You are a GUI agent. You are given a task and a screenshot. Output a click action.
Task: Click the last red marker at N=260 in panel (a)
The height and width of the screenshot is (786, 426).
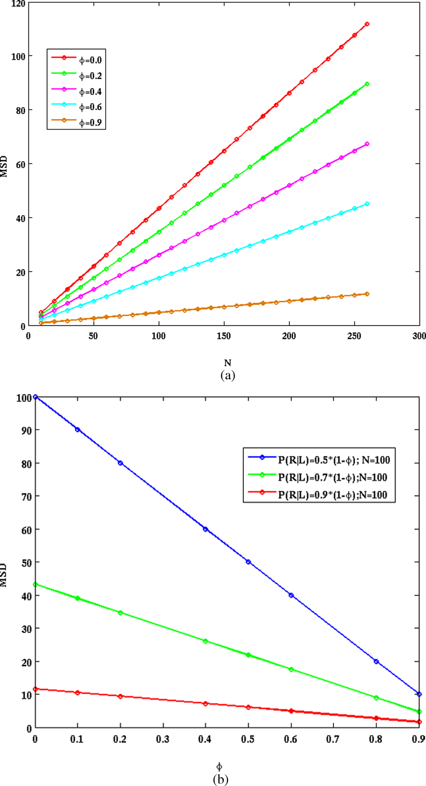[367, 24]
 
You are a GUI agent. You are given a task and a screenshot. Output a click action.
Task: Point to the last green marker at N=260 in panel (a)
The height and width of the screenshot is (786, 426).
[367, 84]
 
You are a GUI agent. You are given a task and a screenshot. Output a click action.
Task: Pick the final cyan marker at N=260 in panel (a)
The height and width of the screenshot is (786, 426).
[367, 204]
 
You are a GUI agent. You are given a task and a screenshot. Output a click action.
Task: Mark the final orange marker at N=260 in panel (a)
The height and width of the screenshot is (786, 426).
[367, 294]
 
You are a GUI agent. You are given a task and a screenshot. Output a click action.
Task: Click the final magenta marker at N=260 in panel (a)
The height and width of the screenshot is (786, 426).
[367, 144]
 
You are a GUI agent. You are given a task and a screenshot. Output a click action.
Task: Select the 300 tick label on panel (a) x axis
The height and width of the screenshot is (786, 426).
[419, 336]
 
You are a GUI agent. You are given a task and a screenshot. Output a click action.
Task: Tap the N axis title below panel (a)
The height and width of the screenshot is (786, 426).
[228, 363]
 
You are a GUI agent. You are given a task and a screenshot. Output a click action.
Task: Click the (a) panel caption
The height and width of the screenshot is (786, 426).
[228, 375]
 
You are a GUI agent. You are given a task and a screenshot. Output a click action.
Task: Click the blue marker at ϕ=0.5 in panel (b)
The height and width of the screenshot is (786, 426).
[248, 562]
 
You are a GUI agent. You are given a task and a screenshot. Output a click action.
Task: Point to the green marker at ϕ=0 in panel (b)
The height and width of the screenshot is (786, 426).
[35, 585]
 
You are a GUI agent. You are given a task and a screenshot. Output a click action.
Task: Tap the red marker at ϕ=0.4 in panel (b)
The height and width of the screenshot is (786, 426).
[206, 704]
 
